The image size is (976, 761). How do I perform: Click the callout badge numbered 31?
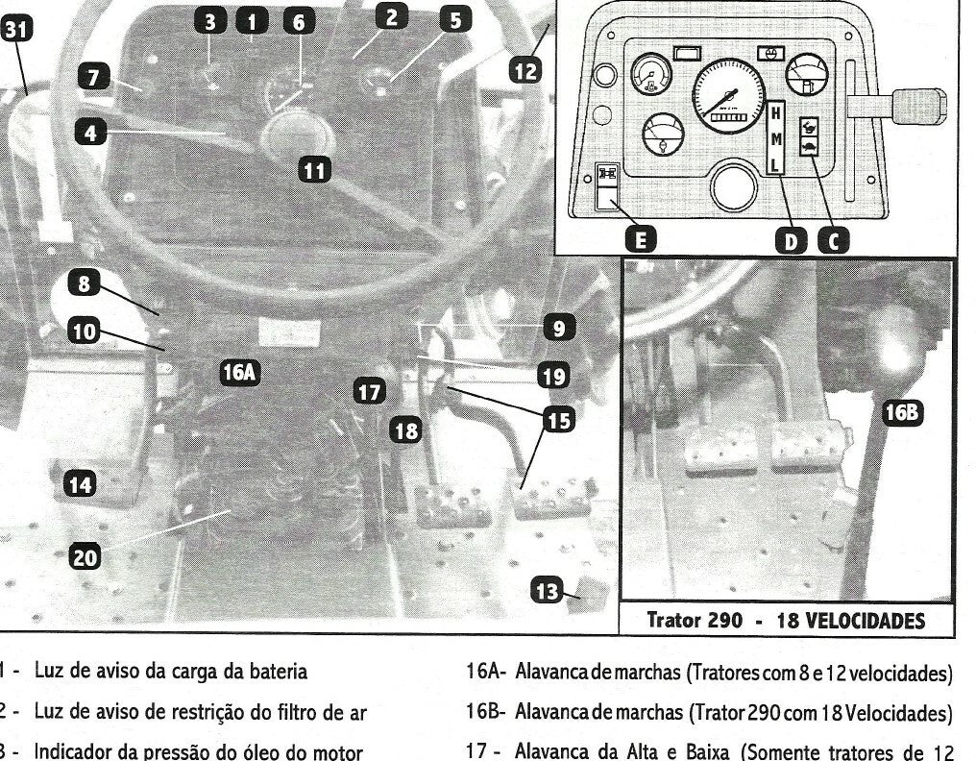tap(15, 29)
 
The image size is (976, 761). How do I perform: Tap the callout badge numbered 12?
tap(525, 70)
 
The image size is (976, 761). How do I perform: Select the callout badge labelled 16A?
tap(240, 373)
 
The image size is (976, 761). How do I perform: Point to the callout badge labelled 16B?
tap(903, 412)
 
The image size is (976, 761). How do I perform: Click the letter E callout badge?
tap(641, 240)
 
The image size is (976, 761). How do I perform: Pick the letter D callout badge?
tap(791, 240)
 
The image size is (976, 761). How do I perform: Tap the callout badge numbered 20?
tap(85, 556)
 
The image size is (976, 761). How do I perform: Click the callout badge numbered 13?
tap(548, 590)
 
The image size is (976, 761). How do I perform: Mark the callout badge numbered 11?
tap(314, 170)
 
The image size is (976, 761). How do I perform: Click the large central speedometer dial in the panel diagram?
tap(728, 95)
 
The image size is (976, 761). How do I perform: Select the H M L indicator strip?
tap(775, 138)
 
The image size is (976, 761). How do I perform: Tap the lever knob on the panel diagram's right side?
tap(919, 106)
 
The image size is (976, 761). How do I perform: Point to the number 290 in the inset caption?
tap(724, 621)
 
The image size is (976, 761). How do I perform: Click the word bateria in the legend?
tap(278, 672)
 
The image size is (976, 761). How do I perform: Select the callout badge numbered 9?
tap(558, 328)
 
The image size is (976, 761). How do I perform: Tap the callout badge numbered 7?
tap(93, 77)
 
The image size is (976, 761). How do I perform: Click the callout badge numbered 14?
tap(81, 484)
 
